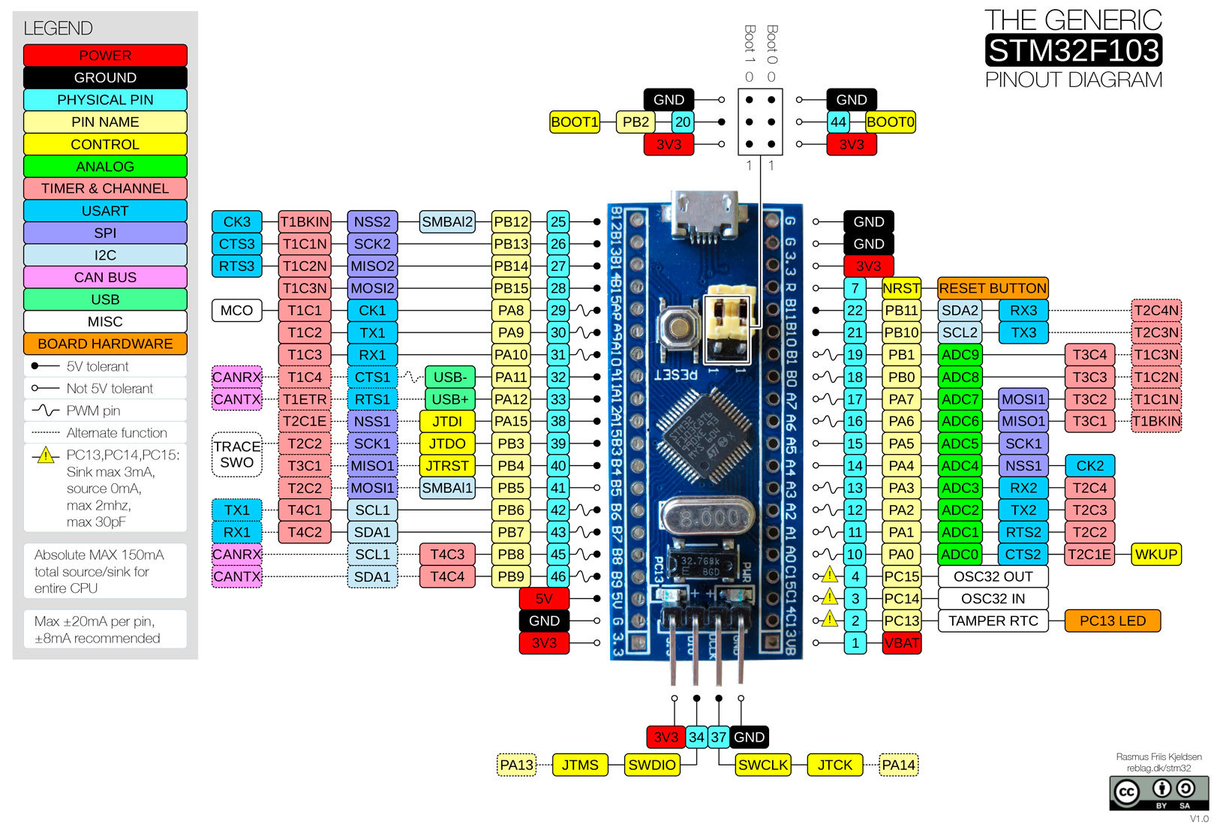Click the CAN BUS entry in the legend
105,277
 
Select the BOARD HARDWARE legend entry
105,344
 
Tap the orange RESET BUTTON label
992,288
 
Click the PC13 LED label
1112,621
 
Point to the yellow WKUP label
1155,555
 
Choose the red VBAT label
901,643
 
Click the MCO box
236,310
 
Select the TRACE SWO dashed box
237,455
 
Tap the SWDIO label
652,765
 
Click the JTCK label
834,765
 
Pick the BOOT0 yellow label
890,122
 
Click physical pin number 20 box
682,122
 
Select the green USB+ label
449,399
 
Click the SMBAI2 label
447,221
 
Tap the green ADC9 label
960,355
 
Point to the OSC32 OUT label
993,576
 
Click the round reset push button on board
678,327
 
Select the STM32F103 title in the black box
1074,50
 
